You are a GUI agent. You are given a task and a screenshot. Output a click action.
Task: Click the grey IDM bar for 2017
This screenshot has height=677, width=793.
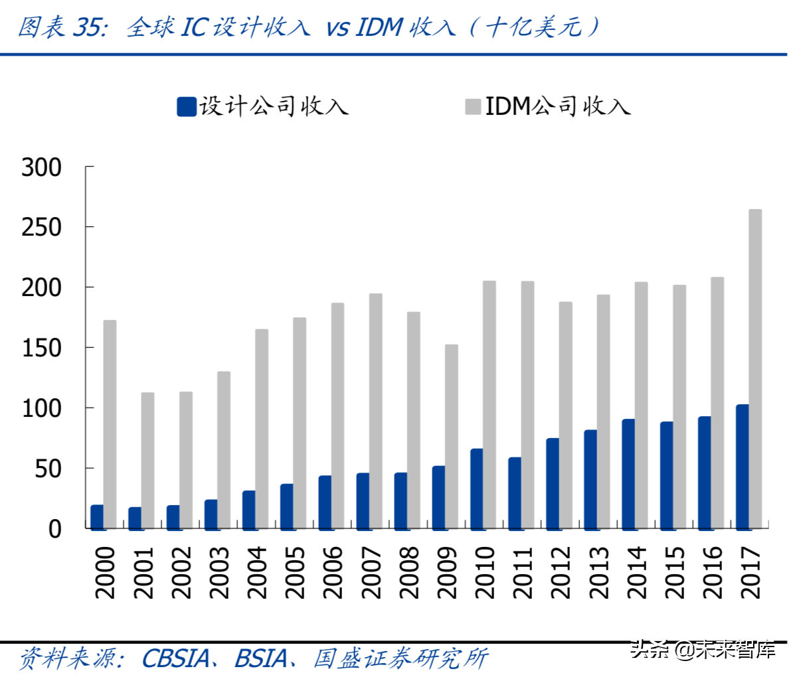pos(755,368)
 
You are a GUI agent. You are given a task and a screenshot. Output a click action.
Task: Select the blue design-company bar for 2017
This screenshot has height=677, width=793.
pos(743,466)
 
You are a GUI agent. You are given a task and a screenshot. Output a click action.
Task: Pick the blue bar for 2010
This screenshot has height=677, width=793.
pos(477,489)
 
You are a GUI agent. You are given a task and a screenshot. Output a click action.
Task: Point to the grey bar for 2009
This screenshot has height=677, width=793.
pos(452,436)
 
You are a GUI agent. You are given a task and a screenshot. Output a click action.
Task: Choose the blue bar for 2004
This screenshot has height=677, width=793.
pos(249,509)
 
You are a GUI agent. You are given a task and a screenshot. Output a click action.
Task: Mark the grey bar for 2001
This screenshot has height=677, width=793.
pos(148,460)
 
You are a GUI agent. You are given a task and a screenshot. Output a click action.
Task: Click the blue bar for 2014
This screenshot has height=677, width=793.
pos(628,473)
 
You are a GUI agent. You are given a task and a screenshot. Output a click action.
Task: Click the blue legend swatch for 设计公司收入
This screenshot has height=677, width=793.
pos(187,106)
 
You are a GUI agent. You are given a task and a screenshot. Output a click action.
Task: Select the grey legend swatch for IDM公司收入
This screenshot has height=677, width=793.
pos(473,106)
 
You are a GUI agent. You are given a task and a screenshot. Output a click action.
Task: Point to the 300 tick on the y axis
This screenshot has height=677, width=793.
pos(41,167)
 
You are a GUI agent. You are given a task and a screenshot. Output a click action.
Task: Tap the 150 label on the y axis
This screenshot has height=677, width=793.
pos(41,348)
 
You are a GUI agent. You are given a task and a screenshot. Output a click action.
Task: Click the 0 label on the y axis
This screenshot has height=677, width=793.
pos(54,529)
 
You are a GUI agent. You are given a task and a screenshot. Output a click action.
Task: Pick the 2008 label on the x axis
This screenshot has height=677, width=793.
pos(407,572)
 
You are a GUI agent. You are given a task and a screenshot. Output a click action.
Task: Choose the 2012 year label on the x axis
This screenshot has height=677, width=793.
pos(559,572)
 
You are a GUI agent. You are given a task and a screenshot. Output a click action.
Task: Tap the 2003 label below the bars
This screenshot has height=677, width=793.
pos(218,572)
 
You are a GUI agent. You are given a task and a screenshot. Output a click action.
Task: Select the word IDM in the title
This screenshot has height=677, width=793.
pos(379,27)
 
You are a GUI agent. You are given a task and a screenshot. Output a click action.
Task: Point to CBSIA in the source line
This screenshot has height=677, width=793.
pos(175,658)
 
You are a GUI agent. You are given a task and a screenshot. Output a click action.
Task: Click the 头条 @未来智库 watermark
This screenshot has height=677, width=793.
pos(703,648)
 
